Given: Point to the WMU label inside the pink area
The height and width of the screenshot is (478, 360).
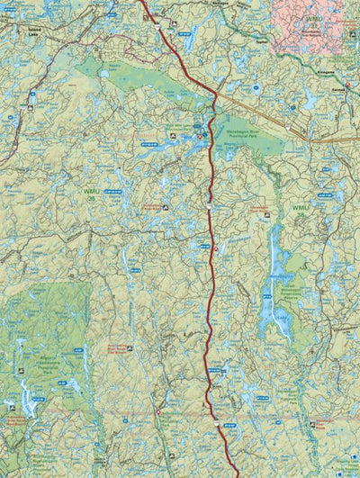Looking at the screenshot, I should (312, 17).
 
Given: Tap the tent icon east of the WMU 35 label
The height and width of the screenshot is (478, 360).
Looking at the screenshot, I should (166, 206).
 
